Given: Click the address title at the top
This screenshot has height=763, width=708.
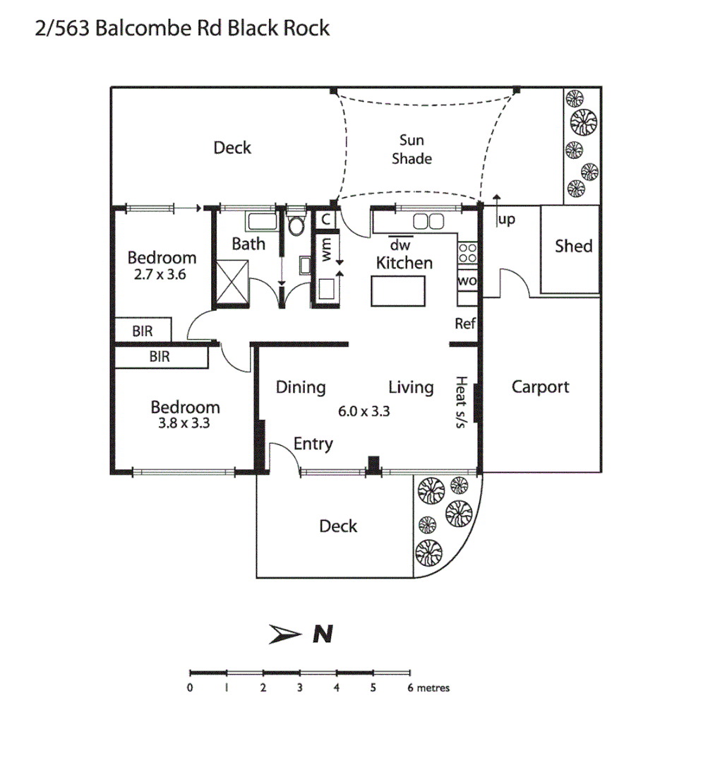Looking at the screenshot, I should (182, 28).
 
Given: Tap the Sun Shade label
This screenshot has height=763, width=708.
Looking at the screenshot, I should (412, 149).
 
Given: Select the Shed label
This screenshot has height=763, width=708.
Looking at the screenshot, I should (573, 246).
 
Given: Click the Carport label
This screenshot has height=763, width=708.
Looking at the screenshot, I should (540, 387).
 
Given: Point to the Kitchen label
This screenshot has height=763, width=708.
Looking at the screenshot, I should (404, 264).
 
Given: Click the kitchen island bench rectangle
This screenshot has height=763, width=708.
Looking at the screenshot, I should (399, 291).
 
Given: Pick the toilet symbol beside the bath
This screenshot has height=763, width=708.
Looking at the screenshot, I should (296, 226).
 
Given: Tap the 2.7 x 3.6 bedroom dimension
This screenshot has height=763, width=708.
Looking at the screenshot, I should (160, 275).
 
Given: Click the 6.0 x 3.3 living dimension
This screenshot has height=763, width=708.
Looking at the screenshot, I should (364, 411).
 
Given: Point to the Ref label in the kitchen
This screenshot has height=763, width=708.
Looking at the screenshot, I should (465, 324).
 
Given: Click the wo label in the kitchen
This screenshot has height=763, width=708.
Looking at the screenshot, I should (467, 280).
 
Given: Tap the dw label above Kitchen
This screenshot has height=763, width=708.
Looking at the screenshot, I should (400, 246).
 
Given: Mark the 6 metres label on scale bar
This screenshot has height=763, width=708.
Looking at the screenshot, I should (428, 687).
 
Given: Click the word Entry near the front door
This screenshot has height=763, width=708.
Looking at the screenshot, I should (313, 444).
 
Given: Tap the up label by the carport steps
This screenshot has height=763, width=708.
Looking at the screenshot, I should (506, 220).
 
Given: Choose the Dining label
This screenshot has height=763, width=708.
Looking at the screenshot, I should (301, 387).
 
